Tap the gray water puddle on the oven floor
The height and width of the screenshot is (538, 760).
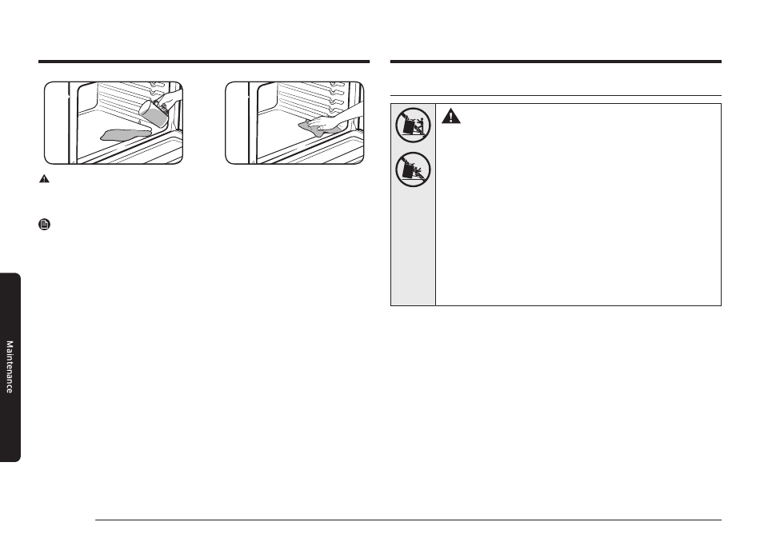pos(125,134)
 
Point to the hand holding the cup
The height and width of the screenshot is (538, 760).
pos(171,102)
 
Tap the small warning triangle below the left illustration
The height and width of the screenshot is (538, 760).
pos(44,179)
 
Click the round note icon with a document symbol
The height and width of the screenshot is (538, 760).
pos(45,224)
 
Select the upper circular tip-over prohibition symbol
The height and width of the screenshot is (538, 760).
pos(413,125)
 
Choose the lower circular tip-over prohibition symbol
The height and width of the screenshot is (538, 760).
pos(413,169)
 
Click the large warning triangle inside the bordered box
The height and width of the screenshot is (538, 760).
pos(450,116)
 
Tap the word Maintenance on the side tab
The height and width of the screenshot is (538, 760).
pos(10,367)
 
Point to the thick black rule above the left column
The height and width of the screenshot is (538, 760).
pos(204,62)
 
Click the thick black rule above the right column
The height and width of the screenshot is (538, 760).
pos(556,62)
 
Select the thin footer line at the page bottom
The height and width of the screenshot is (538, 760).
pos(408,520)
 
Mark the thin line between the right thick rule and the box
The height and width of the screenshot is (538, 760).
pos(556,96)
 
